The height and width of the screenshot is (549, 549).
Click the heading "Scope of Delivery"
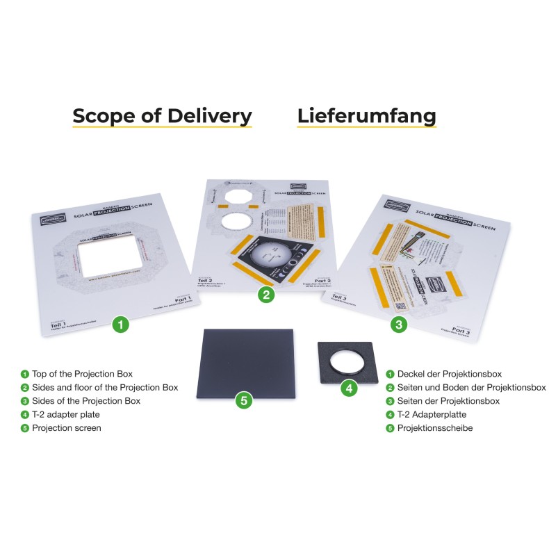click(x=162, y=115)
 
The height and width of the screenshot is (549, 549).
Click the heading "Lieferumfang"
click(x=366, y=115)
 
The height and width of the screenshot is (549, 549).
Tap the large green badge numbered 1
click(x=121, y=324)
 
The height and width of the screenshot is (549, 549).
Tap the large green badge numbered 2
click(x=265, y=295)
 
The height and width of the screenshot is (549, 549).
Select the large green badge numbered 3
click(x=398, y=324)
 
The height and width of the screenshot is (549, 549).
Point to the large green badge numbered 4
click(x=350, y=388)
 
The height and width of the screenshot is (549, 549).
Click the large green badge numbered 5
click(x=243, y=400)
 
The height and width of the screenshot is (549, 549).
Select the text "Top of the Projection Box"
click(x=82, y=374)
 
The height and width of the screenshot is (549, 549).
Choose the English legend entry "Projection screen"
click(x=67, y=428)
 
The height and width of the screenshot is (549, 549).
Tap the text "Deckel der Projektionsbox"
click(x=449, y=374)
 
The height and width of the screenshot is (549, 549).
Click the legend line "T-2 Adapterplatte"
click(x=431, y=414)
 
